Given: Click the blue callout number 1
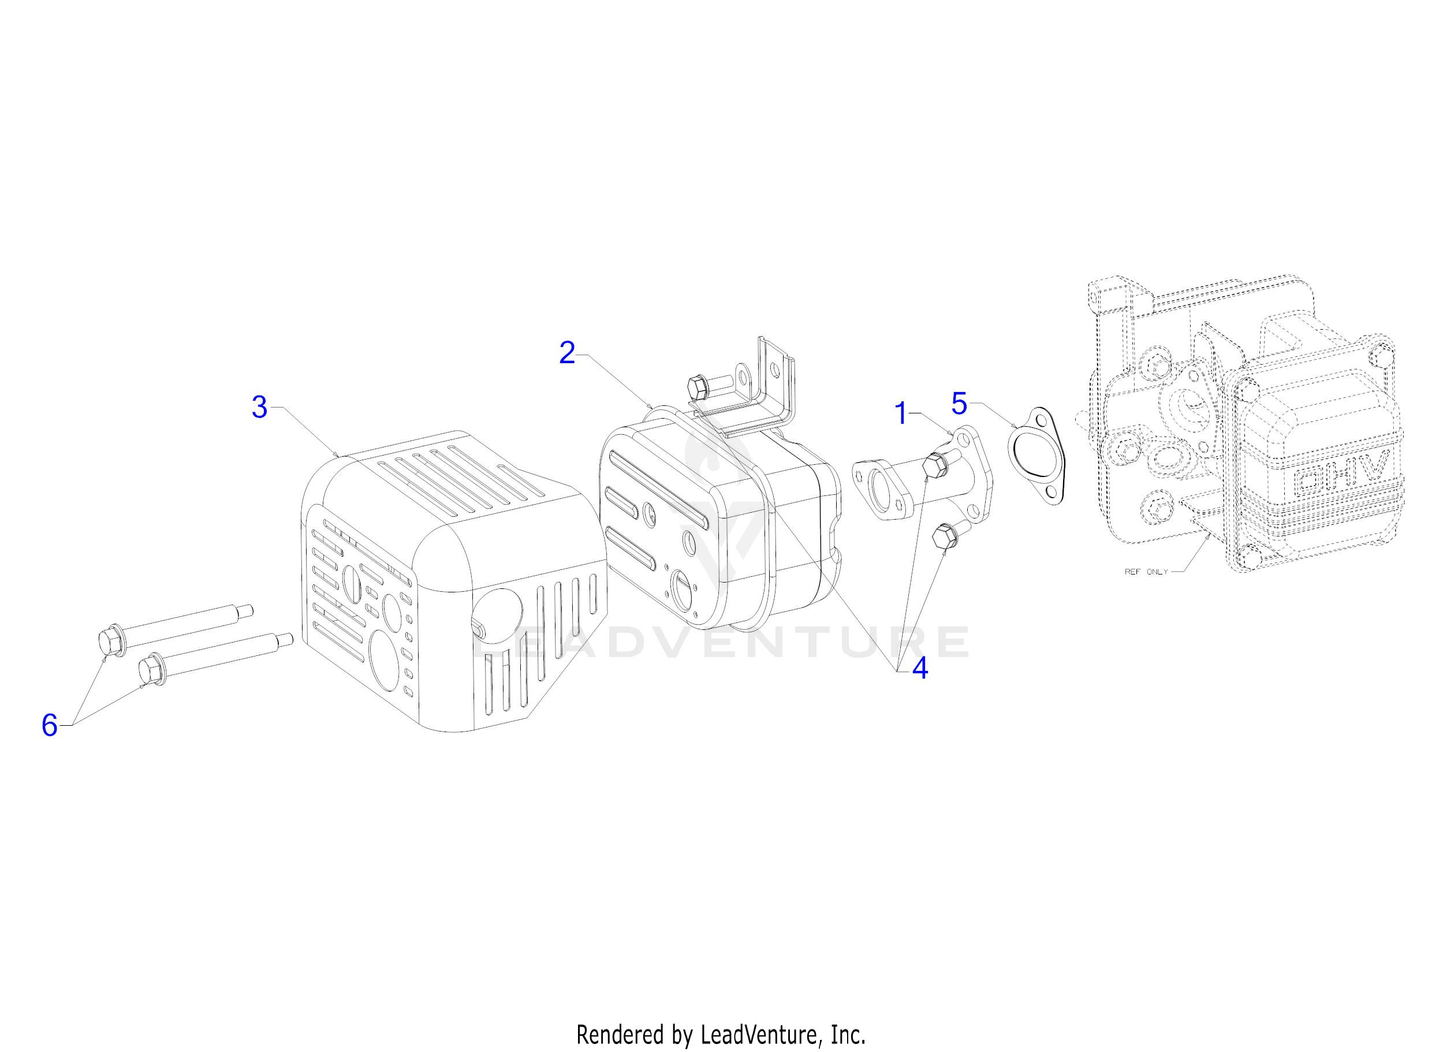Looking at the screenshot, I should [901, 414].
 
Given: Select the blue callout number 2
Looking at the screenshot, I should [567, 353].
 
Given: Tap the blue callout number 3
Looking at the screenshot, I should [259, 408].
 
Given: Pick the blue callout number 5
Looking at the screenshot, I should [959, 403].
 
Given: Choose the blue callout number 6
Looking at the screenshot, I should [49, 725].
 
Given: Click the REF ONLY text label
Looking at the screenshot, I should [1146, 572].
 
